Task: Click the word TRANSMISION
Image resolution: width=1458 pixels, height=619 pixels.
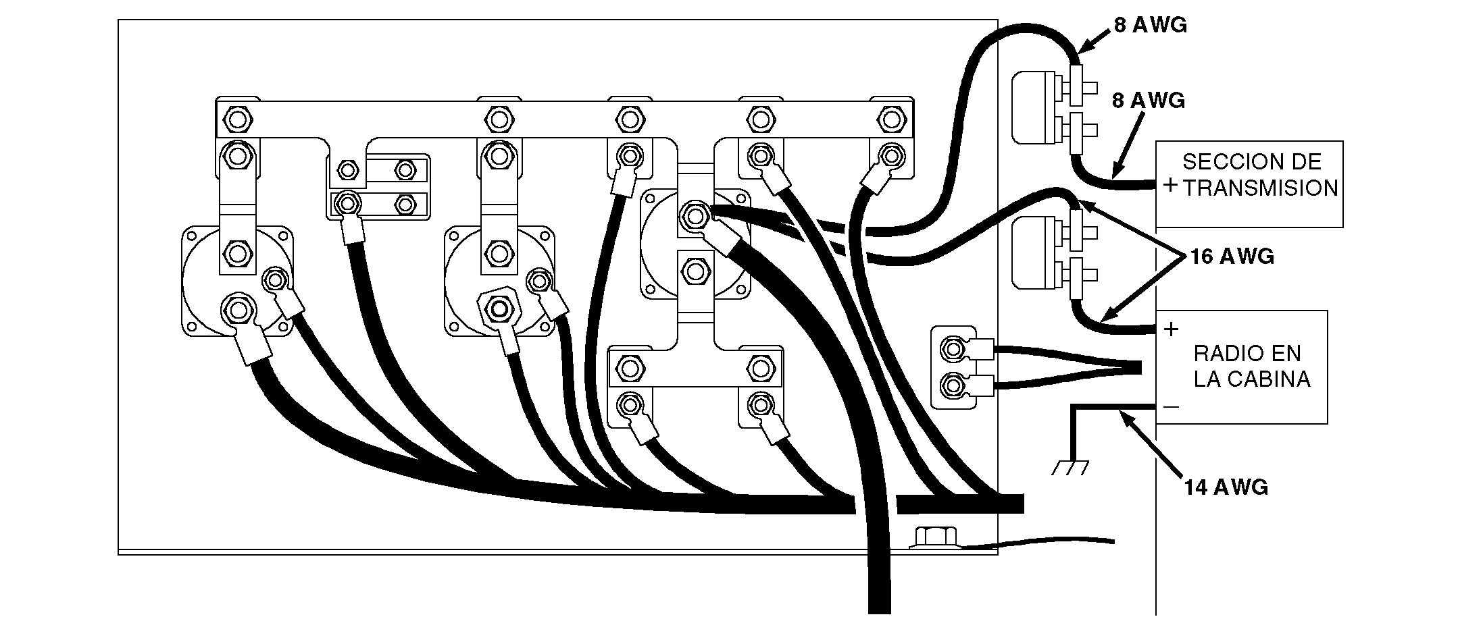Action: [1261, 188]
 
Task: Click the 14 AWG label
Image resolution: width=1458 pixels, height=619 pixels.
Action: [1226, 487]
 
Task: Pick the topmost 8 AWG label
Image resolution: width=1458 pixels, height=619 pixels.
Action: [1151, 25]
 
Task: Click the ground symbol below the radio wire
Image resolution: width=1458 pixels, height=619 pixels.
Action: [1070, 466]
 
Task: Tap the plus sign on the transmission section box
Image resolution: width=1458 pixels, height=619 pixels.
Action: [1171, 185]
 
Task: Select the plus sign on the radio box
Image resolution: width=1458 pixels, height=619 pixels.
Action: [1172, 329]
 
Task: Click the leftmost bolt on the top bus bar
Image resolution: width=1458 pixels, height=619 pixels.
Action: [236, 121]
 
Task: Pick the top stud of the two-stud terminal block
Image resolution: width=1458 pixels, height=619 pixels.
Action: [953, 350]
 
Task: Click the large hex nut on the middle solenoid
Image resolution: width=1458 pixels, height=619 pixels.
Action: [499, 308]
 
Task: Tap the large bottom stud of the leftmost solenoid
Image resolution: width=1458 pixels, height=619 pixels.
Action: [237, 310]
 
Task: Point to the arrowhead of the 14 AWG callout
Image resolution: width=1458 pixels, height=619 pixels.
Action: [1122, 415]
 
